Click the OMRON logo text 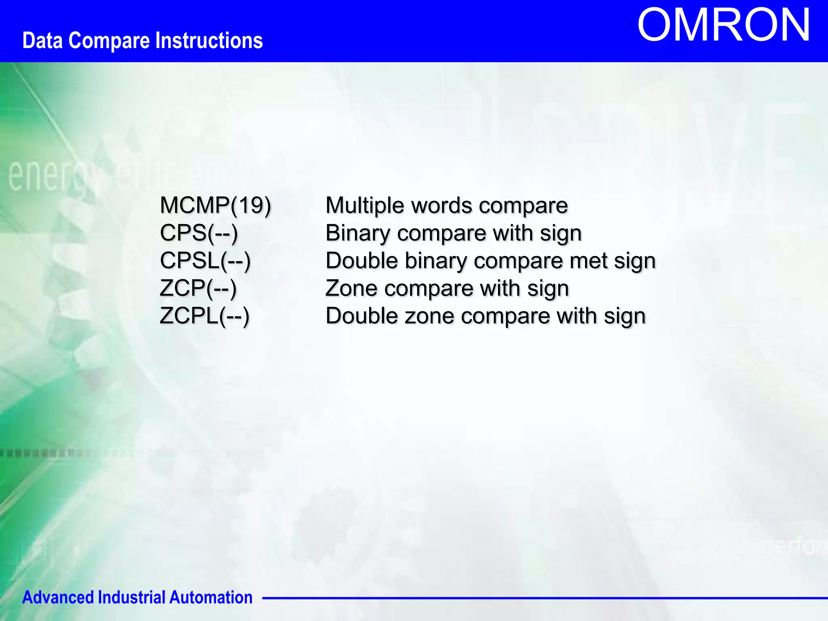coord(724,25)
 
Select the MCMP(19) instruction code coord(215,205)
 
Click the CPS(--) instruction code coord(199,233)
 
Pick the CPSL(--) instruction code coord(205,261)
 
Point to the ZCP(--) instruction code coord(198,288)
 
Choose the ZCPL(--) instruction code coord(204,316)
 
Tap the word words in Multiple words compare coord(441,205)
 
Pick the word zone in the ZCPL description coord(429,316)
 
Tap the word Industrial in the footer coord(132,597)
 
